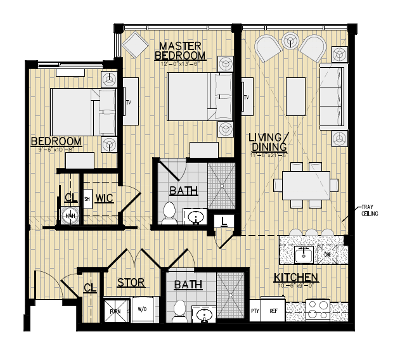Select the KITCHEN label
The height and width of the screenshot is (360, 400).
click(x=295, y=278)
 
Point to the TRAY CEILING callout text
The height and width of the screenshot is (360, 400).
click(x=370, y=210)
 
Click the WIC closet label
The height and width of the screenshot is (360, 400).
click(x=105, y=198)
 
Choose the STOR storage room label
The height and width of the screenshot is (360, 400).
click(x=131, y=283)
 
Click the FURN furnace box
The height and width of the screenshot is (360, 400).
click(x=115, y=311)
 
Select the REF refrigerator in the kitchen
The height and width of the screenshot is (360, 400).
click(x=274, y=311)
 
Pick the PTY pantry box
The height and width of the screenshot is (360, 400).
click(x=256, y=311)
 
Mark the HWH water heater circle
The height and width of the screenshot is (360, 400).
click(x=70, y=216)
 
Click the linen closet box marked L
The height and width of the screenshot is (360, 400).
click(x=224, y=221)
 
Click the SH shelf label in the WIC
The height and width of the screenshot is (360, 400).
click(x=87, y=198)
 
